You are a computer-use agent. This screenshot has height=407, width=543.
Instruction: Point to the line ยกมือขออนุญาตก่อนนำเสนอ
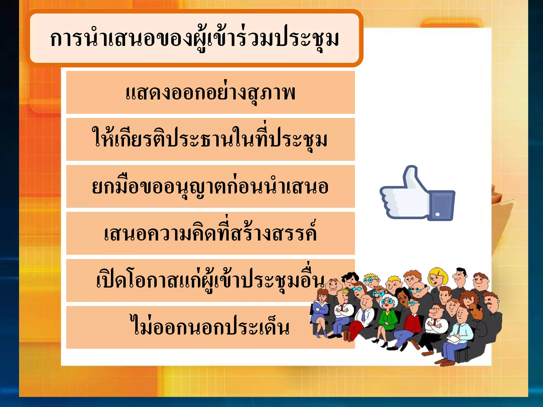tap(210, 186)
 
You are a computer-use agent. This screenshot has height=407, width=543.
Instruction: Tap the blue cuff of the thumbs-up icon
tap(441, 205)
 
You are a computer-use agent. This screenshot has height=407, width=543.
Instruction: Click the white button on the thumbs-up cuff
tap(437, 214)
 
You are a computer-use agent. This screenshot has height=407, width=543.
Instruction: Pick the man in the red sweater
tap(413, 322)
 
